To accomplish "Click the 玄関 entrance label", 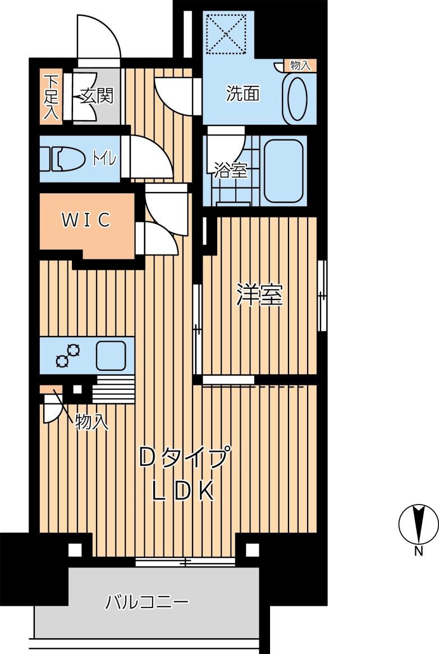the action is coord(97,96).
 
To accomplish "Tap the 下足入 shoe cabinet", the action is coord(51,97).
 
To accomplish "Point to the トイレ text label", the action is coord(104,159).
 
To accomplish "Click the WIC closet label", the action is coord(86,220).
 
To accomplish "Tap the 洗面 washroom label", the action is coord(243,93).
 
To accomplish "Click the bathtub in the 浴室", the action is coord(283,171).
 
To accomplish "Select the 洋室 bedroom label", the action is coord(259,295).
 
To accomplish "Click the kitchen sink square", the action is coord(111,356).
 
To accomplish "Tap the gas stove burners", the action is coord(68,356).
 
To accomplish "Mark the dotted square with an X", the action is coord(226,34).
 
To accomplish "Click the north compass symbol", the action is coord(419,525).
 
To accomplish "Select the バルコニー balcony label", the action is coord(147,602).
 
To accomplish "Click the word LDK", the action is coord(184,491).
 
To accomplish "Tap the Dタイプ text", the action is coord(184,457).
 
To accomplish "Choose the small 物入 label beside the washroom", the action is coord(300,65).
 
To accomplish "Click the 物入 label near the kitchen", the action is coord(92,423).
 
